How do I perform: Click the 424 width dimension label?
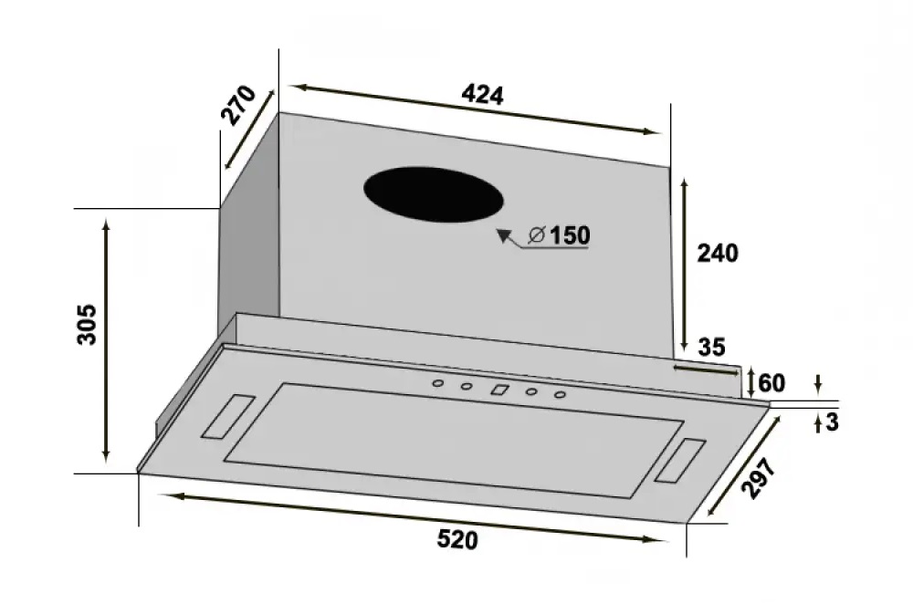click(482, 95)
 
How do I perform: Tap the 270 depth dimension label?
click(238, 105)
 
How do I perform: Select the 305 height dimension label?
click(88, 324)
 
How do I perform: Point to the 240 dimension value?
click(718, 253)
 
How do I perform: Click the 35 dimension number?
click(711, 348)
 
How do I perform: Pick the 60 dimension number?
click(771, 383)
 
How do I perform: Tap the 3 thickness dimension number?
click(832, 422)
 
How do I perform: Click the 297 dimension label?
click(758, 478)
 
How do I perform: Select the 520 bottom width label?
click(457, 540)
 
